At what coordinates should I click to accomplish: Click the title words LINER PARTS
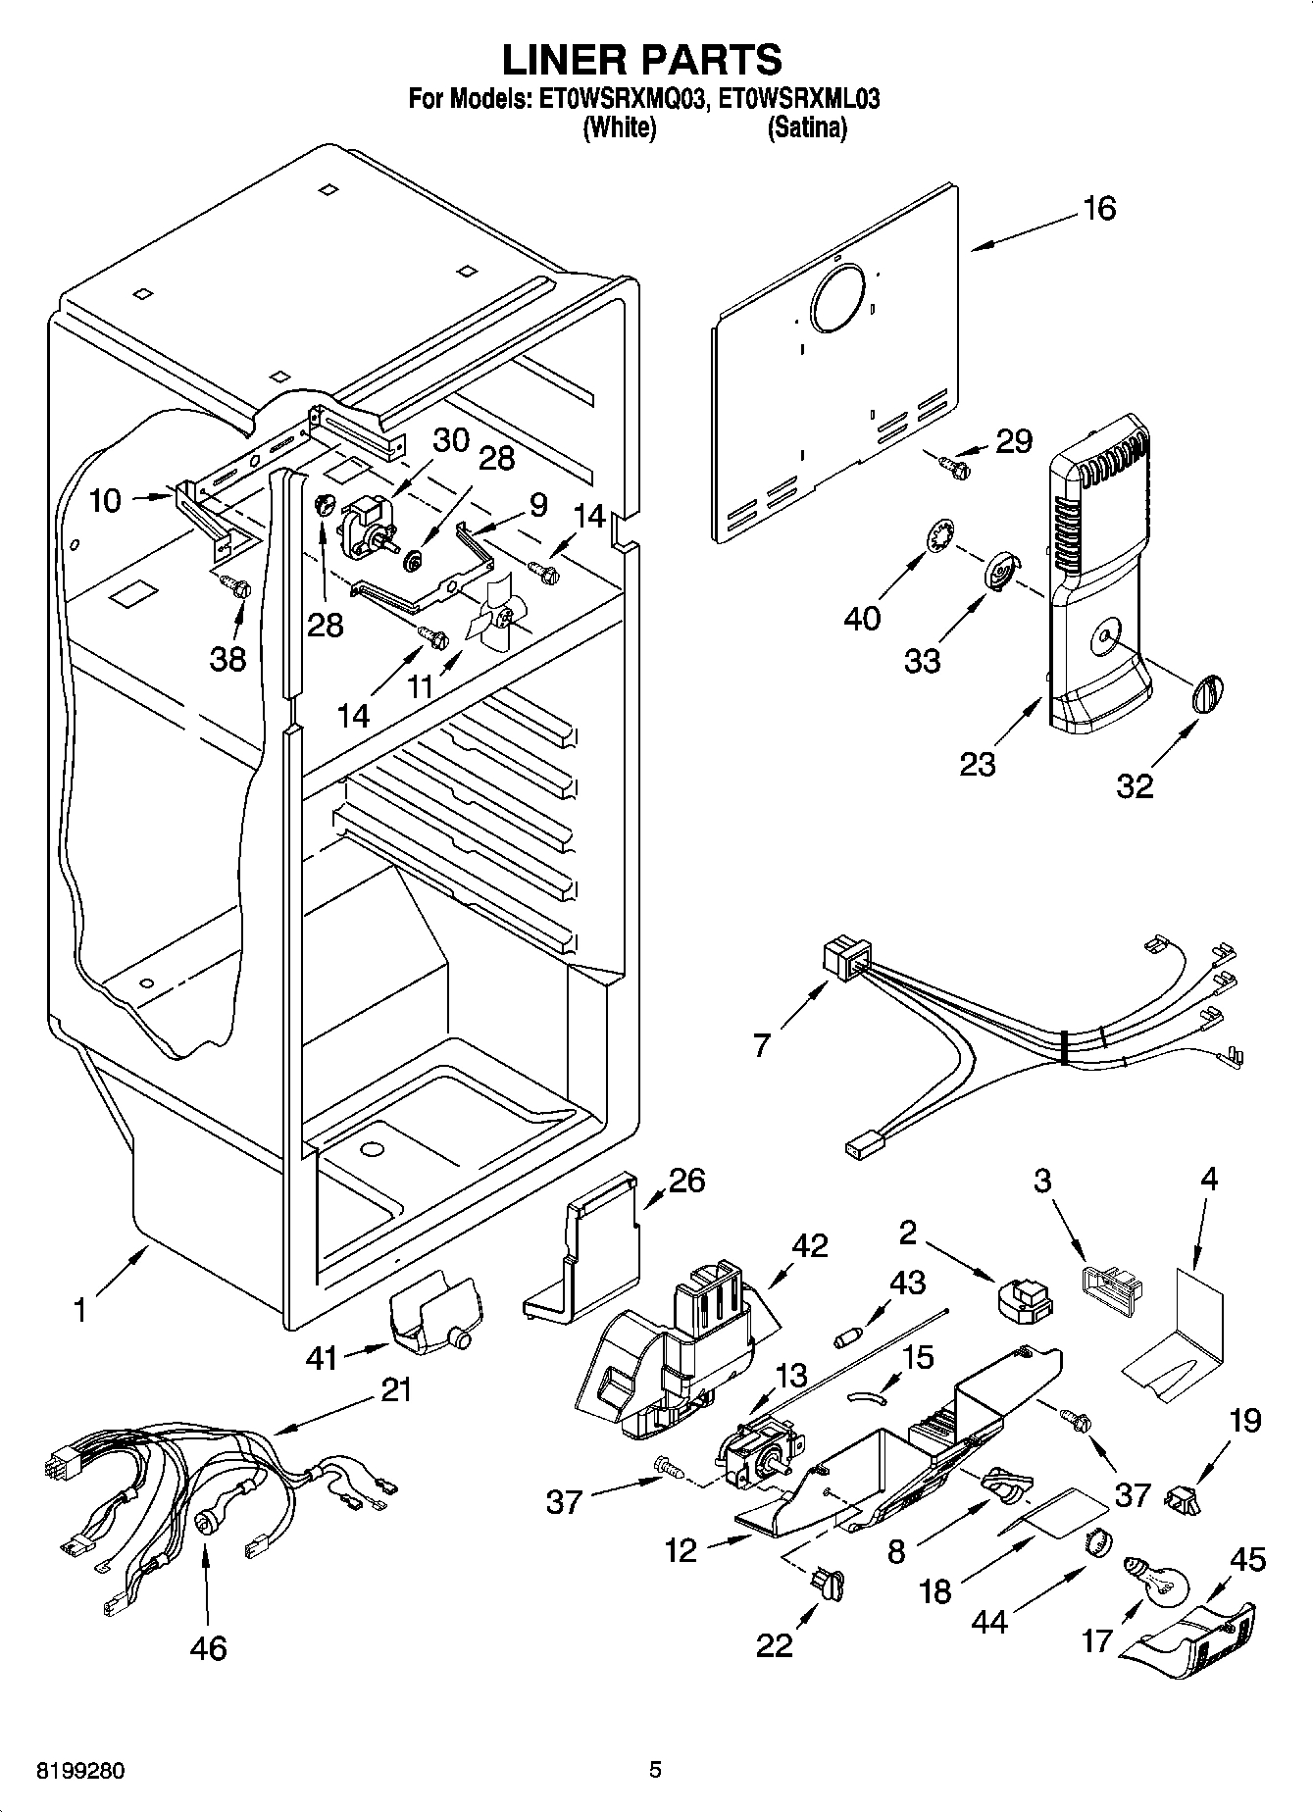point(642,60)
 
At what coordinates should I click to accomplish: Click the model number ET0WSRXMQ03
point(619,99)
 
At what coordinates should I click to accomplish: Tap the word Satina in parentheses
point(806,127)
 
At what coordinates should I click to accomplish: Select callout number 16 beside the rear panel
point(1099,209)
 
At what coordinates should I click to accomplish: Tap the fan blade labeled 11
point(497,621)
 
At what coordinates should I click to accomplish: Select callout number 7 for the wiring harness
point(762,1045)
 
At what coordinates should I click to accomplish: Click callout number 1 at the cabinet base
point(80,1310)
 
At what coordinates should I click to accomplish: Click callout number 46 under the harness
point(208,1648)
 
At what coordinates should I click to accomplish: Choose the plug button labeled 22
point(827,1579)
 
